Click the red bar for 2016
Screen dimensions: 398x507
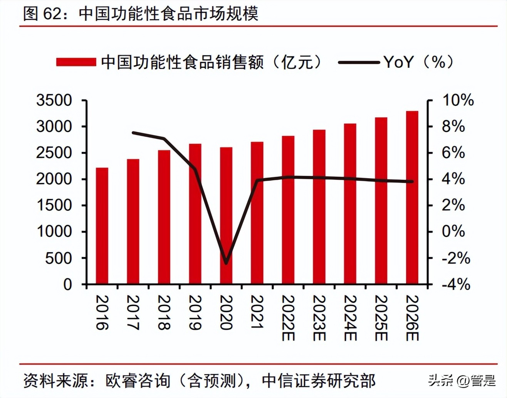[102, 226]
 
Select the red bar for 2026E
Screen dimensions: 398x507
[412, 197]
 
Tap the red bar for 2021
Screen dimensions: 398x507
[257, 213]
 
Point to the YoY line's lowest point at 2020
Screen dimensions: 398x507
[226, 263]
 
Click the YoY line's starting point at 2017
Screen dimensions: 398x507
[133, 133]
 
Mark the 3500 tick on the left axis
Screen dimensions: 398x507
[54, 100]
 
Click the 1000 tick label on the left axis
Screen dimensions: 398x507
[54, 231]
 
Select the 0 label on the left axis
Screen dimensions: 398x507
[67, 285]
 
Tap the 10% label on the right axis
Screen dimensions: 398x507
[457, 100]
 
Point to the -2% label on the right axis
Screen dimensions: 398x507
[456, 258]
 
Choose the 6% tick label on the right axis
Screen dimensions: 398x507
[453, 153]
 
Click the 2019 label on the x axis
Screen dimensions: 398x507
[195, 313]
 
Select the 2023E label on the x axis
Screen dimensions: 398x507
[319, 318]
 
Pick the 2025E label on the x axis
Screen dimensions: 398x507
[381, 318]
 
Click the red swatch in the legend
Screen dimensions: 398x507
[76, 62]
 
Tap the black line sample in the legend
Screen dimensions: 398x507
[359, 62]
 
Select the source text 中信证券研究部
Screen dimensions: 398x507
[318, 381]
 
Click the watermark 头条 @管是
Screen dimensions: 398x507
[462, 381]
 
